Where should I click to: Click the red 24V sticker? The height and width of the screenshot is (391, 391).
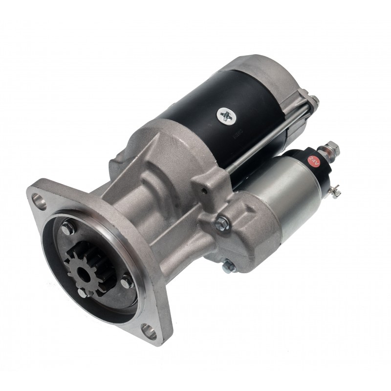pyautogui.click(x=314, y=161)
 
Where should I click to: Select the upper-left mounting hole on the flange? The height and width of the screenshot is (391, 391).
pyautogui.click(x=39, y=201)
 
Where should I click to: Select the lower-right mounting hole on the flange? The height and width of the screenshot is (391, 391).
pyautogui.click(x=149, y=331)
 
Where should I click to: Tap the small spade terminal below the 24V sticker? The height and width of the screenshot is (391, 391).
pyautogui.click(x=334, y=191)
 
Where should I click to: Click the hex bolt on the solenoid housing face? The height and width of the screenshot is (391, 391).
pyautogui.click(x=222, y=223)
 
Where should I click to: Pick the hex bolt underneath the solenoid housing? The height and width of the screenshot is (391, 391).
pyautogui.click(x=229, y=266)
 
